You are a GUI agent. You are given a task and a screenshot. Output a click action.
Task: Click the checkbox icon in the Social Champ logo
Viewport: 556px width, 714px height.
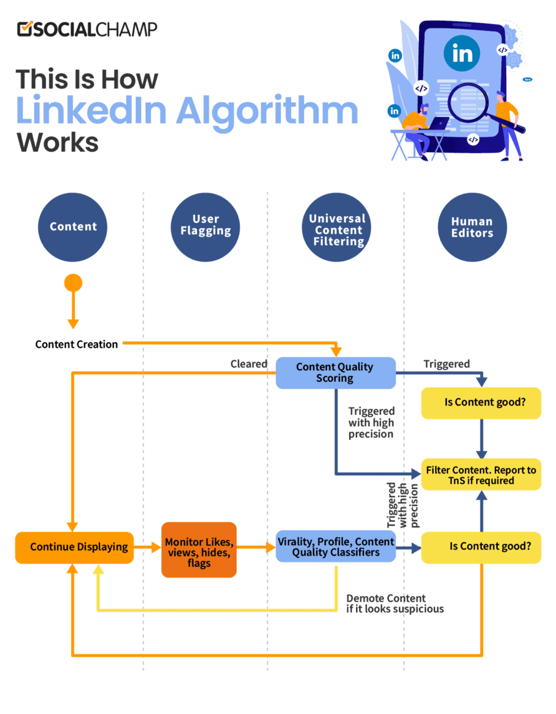[25, 29]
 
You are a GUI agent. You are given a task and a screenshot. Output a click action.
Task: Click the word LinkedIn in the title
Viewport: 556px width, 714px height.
[91, 111]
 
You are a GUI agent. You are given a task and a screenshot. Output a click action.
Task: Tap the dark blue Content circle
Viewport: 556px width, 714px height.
[73, 227]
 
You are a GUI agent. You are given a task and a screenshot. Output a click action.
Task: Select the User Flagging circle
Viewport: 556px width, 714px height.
[205, 227]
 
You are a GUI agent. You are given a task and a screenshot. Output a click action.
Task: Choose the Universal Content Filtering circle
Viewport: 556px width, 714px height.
[337, 227]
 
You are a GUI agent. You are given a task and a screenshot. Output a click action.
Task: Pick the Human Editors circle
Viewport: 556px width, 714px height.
[472, 227]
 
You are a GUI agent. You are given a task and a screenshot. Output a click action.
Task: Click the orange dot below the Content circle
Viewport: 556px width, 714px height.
[73, 283]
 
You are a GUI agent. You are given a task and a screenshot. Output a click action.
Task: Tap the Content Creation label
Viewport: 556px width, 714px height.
[77, 344]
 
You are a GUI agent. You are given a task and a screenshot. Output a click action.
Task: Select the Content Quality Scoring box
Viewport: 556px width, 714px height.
[335, 372]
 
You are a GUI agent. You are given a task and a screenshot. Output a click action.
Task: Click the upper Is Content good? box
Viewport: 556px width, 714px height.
[481, 402]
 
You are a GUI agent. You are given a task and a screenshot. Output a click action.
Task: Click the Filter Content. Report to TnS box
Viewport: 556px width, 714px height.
[481, 475]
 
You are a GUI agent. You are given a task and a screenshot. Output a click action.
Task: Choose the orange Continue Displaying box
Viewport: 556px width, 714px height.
[74, 547]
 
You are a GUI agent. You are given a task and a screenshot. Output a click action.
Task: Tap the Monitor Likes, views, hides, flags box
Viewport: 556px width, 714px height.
[199, 550]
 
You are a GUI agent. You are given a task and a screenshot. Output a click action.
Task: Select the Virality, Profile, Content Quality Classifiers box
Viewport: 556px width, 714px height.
[336, 547]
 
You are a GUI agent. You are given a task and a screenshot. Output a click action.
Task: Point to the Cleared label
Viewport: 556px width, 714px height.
[249, 364]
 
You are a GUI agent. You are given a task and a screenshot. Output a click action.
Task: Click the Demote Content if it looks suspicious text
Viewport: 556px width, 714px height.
[395, 604]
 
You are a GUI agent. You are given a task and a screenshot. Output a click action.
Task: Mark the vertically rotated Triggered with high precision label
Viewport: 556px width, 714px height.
[402, 506]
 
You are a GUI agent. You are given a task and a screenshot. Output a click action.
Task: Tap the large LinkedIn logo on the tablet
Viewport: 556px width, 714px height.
[462, 53]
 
